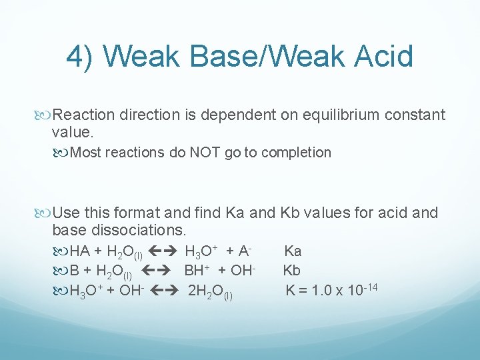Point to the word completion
296,153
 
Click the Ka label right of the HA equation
293,251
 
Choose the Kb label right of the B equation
292,271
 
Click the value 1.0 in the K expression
321,291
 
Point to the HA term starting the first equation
80,251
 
